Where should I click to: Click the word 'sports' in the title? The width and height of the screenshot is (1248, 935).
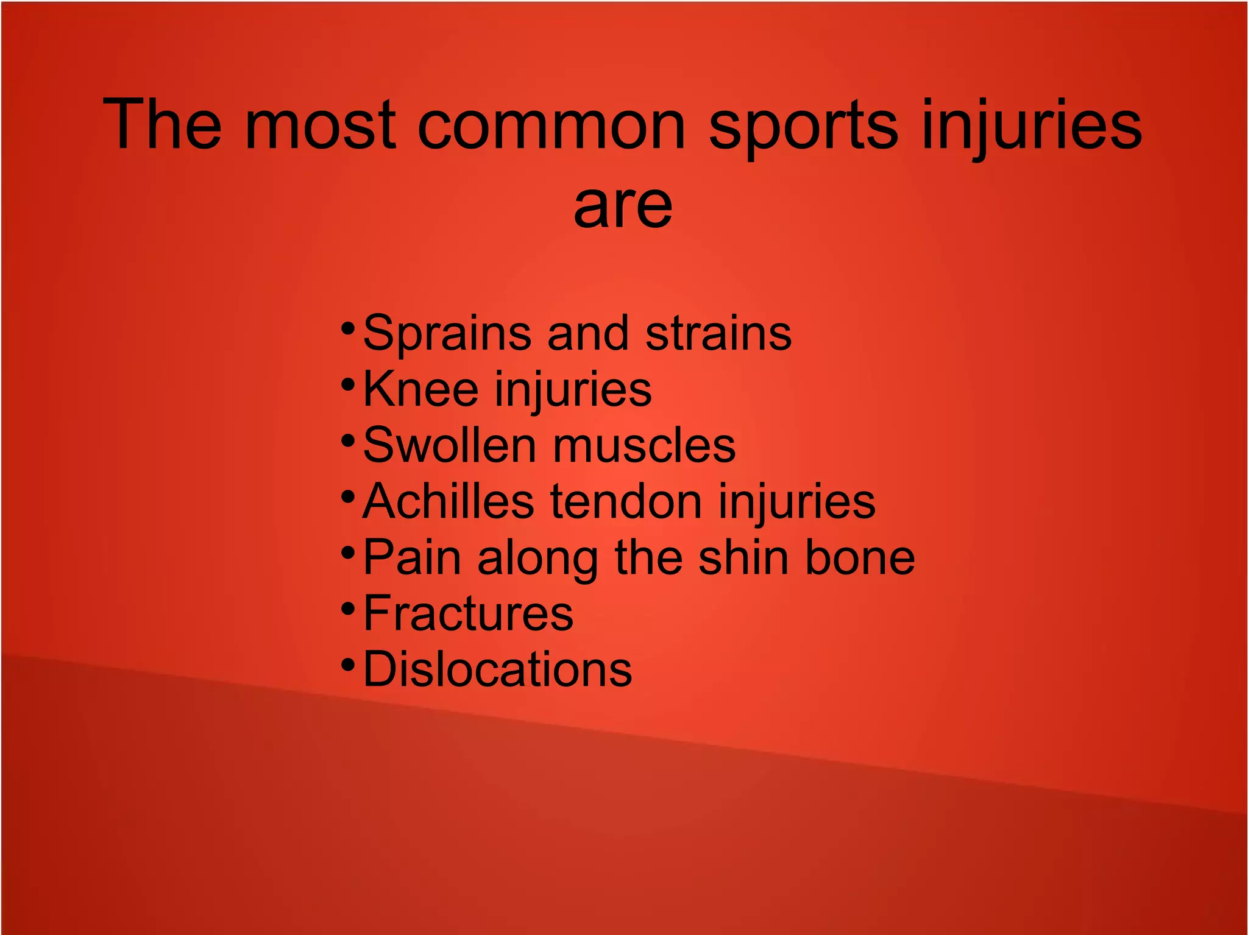point(803,127)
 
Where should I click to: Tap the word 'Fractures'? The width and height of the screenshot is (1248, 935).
point(468,613)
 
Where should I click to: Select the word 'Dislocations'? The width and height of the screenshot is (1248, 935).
point(497,669)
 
